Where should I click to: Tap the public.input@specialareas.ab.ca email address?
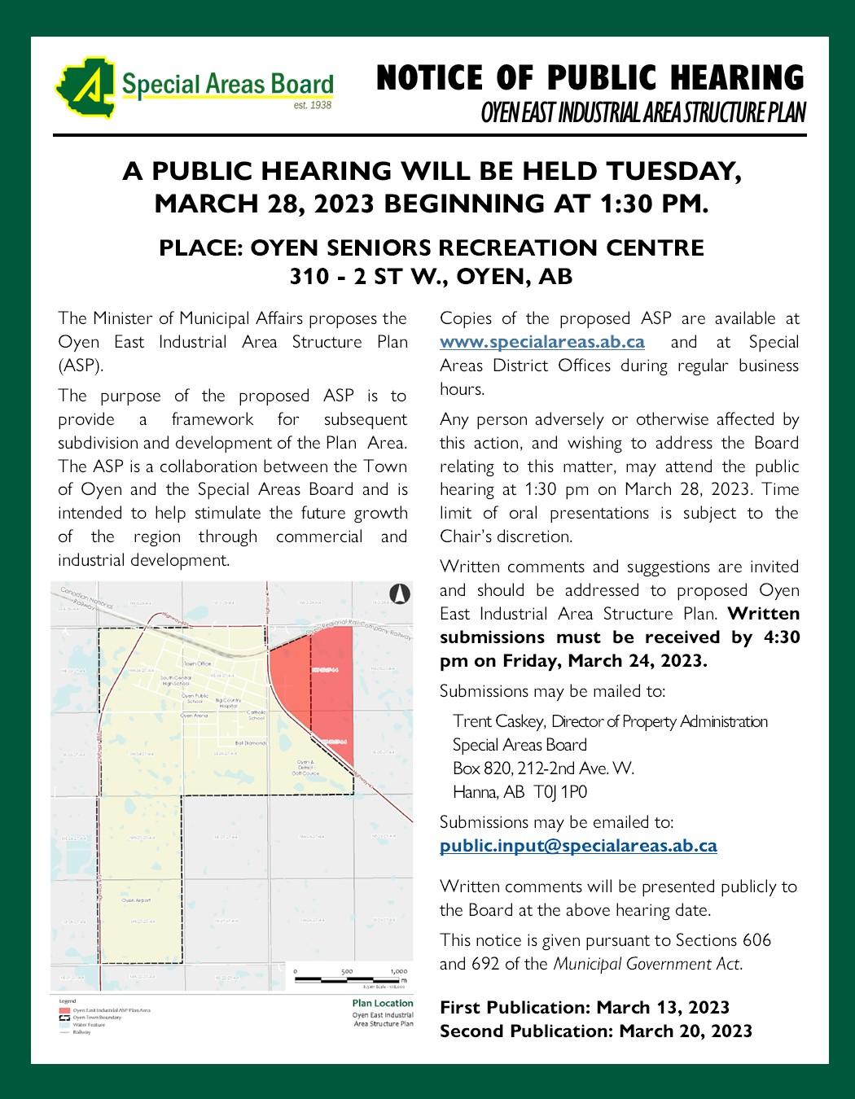pyautogui.click(x=578, y=846)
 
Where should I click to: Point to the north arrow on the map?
pyautogui.click(x=399, y=594)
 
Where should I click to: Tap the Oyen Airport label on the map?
pyautogui.click(x=137, y=901)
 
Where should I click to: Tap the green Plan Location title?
pyautogui.click(x=383, y=1004)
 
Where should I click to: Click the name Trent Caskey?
pyautogui.click(x=499, y=721)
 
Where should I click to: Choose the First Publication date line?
pyautogui.click(x=584, y=1008)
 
